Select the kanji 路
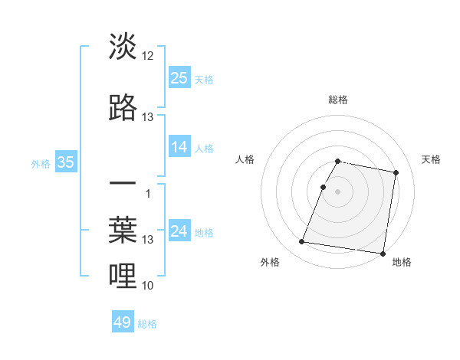click(123, 107)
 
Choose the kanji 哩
click(123, 275)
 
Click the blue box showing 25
click(179, 77)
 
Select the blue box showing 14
click(179, 147)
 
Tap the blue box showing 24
click(179, 231)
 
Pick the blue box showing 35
click(65, 162)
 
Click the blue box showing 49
click(123, 322)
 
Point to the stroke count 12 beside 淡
click(148, 56)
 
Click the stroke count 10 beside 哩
click(148, 286)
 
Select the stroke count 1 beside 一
click(148, 193)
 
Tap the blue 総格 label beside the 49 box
click(148, 324)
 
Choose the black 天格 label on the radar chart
click(431, 159)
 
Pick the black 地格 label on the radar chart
click(402, 262)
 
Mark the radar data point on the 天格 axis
click(396, 173)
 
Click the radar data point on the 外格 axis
click(302, 242)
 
